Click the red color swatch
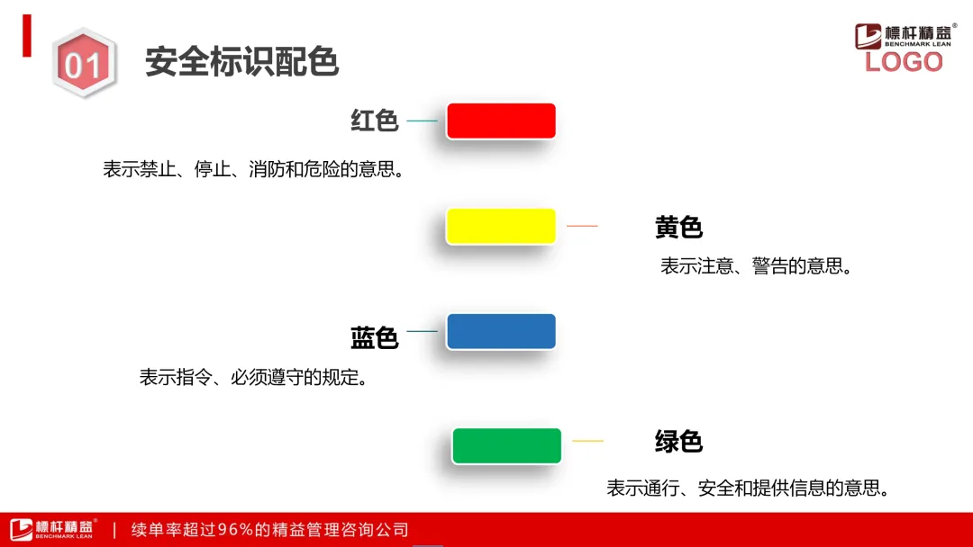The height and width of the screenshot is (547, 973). click(x=501, y=121)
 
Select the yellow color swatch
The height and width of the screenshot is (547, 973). click(x=501, y=226)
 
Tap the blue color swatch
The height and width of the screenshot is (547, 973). click(x=501, y=331)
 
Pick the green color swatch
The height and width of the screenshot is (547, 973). click(x=507, y=445)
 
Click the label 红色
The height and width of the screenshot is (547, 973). click(x=374, y=121)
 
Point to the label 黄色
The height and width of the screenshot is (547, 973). click(x=678, y=228)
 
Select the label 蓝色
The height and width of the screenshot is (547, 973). click(x=374, y=338)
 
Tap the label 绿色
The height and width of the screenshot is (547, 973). click(x=678, y=442)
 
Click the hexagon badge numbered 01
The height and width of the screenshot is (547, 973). click(x=84, y=63)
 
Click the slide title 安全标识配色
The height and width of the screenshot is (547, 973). click(x=242, y=61)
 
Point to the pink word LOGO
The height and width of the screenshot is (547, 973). click(x=904, y=62)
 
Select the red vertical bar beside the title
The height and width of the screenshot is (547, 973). click(x=27, y=36)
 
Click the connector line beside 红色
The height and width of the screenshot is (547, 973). click(x=422, y=121)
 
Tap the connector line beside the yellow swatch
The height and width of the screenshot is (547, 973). click(x=582, y=226)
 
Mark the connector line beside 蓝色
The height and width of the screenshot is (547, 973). click(x=422, y=331)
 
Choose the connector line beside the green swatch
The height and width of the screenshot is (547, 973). click(x=587, y=441)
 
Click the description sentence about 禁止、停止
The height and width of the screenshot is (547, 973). click(x=254, y=169)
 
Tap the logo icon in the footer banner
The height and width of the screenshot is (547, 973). click(x=21, y=530)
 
